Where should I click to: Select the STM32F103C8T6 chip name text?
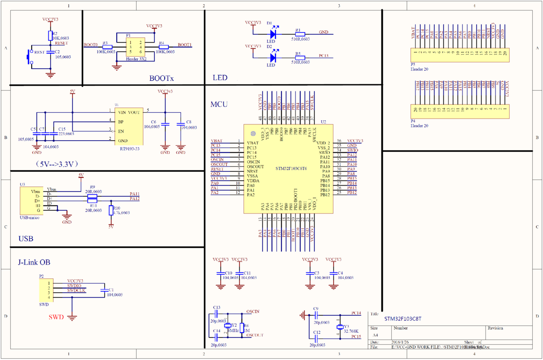(291, 168)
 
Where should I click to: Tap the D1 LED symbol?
(273, 33)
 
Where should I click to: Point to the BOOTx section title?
(162, 78)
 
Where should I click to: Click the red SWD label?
(56, 317)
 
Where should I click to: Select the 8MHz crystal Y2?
(228, 326)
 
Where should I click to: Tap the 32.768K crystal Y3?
(340, 327)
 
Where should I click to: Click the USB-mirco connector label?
(30, 218)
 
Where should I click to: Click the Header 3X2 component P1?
(135, 47)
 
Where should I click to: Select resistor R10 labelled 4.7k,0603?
(111, 210)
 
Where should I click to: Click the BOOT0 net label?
(91, 45)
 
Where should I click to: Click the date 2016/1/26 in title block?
(401, 342)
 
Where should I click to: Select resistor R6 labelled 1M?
(241, 327)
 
